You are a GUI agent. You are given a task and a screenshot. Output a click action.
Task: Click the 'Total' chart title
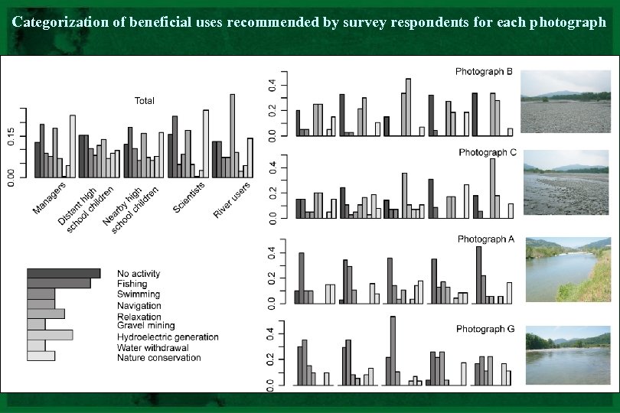144,101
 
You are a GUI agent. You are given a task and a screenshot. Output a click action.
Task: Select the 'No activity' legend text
139,274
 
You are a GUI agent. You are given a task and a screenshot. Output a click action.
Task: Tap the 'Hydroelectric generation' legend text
168,337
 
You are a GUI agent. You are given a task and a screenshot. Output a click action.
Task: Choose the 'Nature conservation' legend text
158,357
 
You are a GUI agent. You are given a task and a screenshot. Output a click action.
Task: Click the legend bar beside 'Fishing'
58,284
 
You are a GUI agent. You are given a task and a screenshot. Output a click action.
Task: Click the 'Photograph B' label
484,72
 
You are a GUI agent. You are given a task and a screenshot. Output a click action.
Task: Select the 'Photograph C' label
488,152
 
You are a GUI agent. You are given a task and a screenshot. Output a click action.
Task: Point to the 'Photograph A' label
485,239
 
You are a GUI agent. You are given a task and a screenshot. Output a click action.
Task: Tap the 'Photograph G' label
485,329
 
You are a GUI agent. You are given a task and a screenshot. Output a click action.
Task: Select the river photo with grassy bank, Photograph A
567,270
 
